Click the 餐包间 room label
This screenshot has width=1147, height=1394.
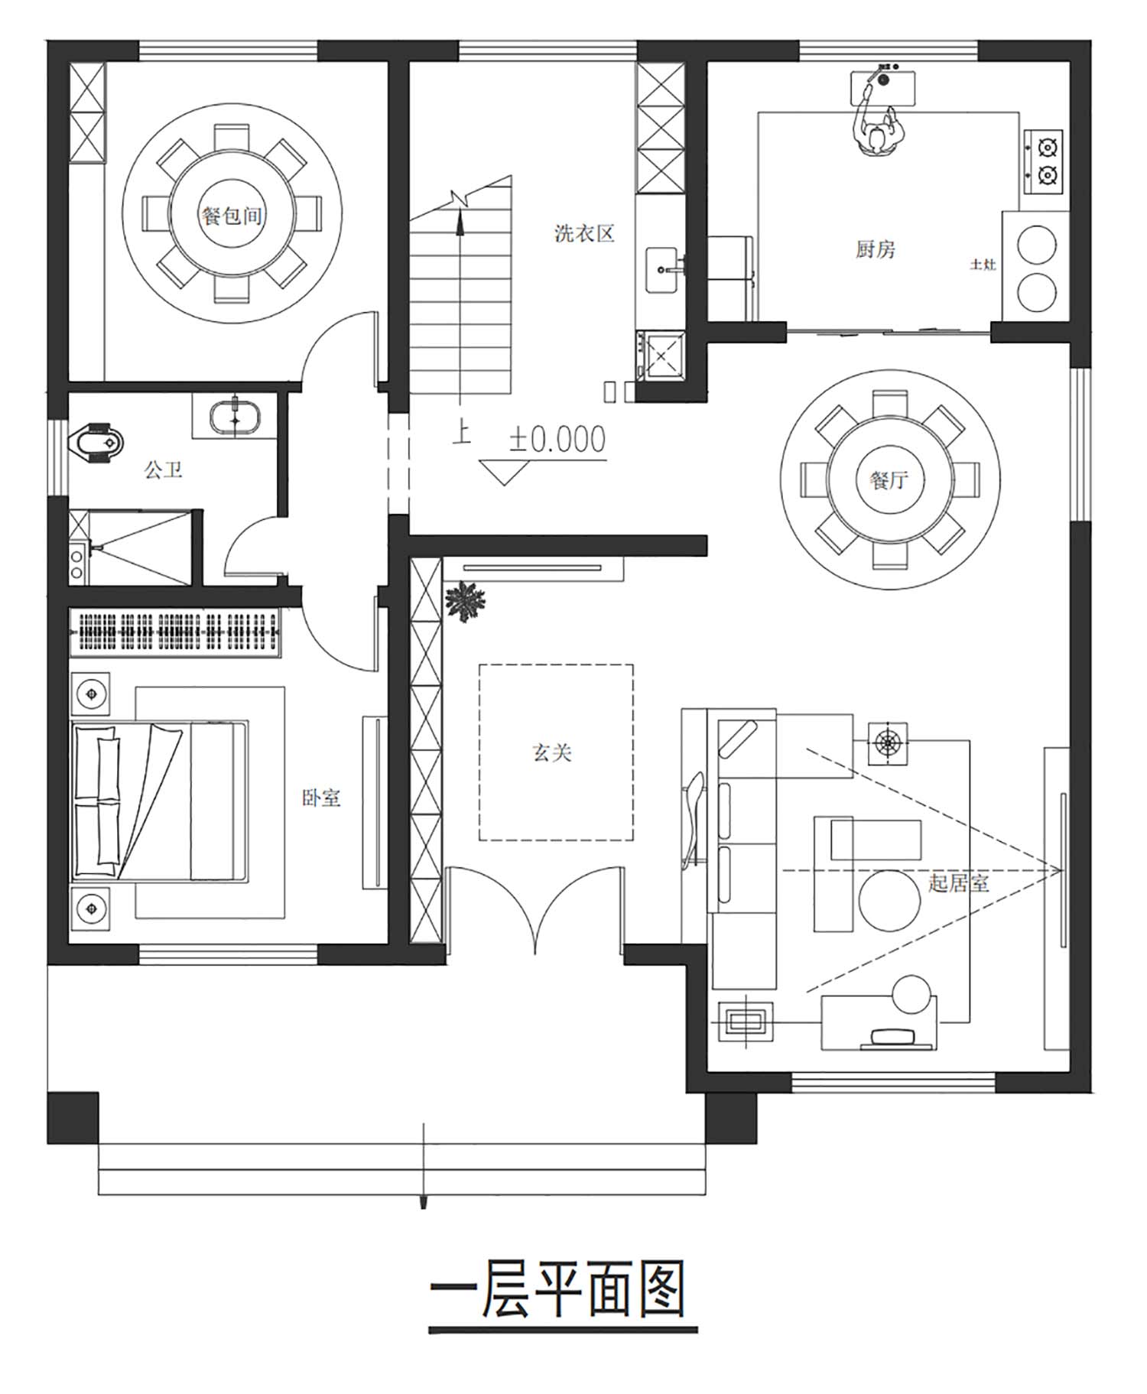click(x=232, y=216)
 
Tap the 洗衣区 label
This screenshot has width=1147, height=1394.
click(x=584, y=233)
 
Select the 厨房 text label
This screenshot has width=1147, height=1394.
click(x=875, y=249)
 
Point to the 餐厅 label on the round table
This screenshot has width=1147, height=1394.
click(x=889, y=480)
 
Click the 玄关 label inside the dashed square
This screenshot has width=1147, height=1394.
click(x=552, y=753)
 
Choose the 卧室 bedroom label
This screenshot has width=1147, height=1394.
click(x=321, y=798)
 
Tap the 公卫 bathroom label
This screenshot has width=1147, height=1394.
click(x=164, y=470)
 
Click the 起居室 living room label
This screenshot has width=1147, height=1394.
click(x=959, y=883)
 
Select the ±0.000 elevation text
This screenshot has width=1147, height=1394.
click(x=557, y=440)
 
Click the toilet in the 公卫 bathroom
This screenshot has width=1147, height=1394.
click(x=96, y=443)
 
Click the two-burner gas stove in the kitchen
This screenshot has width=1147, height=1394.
click(x=1044, y=160)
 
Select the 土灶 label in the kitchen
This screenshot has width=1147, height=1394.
click(x=983, y=265)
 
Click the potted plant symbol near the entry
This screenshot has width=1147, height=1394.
click(x=464, y=601)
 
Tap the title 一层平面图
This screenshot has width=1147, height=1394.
click(x=557, y=1290)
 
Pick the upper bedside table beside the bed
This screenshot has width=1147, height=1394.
click(x=91, y=694)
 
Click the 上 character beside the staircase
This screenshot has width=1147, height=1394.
click(x=461, y=431)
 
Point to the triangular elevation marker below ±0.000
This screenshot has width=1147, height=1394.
click(x=503, y=470)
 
